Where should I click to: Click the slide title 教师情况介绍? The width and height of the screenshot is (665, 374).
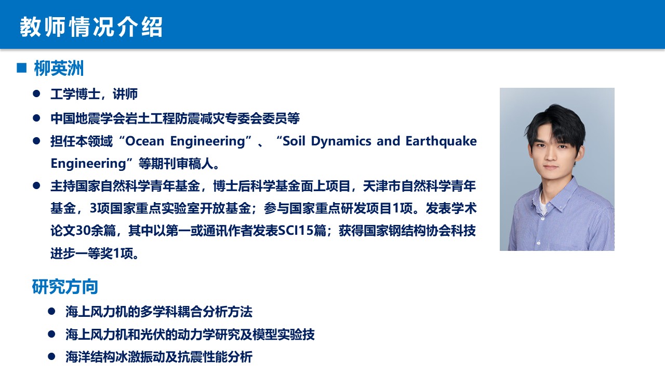[x=91, y=27]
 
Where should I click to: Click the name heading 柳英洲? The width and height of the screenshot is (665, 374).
[x=59, y=68]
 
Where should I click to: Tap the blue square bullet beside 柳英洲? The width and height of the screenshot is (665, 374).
[x=22, y=68]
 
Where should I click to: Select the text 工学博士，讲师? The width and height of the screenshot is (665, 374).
[x=94, y=94]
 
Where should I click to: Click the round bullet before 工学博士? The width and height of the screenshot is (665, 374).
[x=36, y=94]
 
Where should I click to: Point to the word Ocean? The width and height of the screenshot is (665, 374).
[x=144, y=141]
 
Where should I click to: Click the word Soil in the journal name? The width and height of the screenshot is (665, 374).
[x=294, y=141]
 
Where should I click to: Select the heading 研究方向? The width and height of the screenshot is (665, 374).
[x=65, y=287]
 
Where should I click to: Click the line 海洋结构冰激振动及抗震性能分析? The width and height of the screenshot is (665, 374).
[x=159, y=357]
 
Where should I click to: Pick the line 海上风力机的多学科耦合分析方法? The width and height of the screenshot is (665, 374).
[x=159, y=312]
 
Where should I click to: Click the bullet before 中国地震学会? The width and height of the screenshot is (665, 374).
[x=36, y=118]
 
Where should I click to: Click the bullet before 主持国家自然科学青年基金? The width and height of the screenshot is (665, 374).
[x=36, y=186]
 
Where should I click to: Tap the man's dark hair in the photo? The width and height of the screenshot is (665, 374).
[x=556, y=125]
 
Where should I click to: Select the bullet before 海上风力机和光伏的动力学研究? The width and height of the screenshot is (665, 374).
[x=51, y=334]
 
